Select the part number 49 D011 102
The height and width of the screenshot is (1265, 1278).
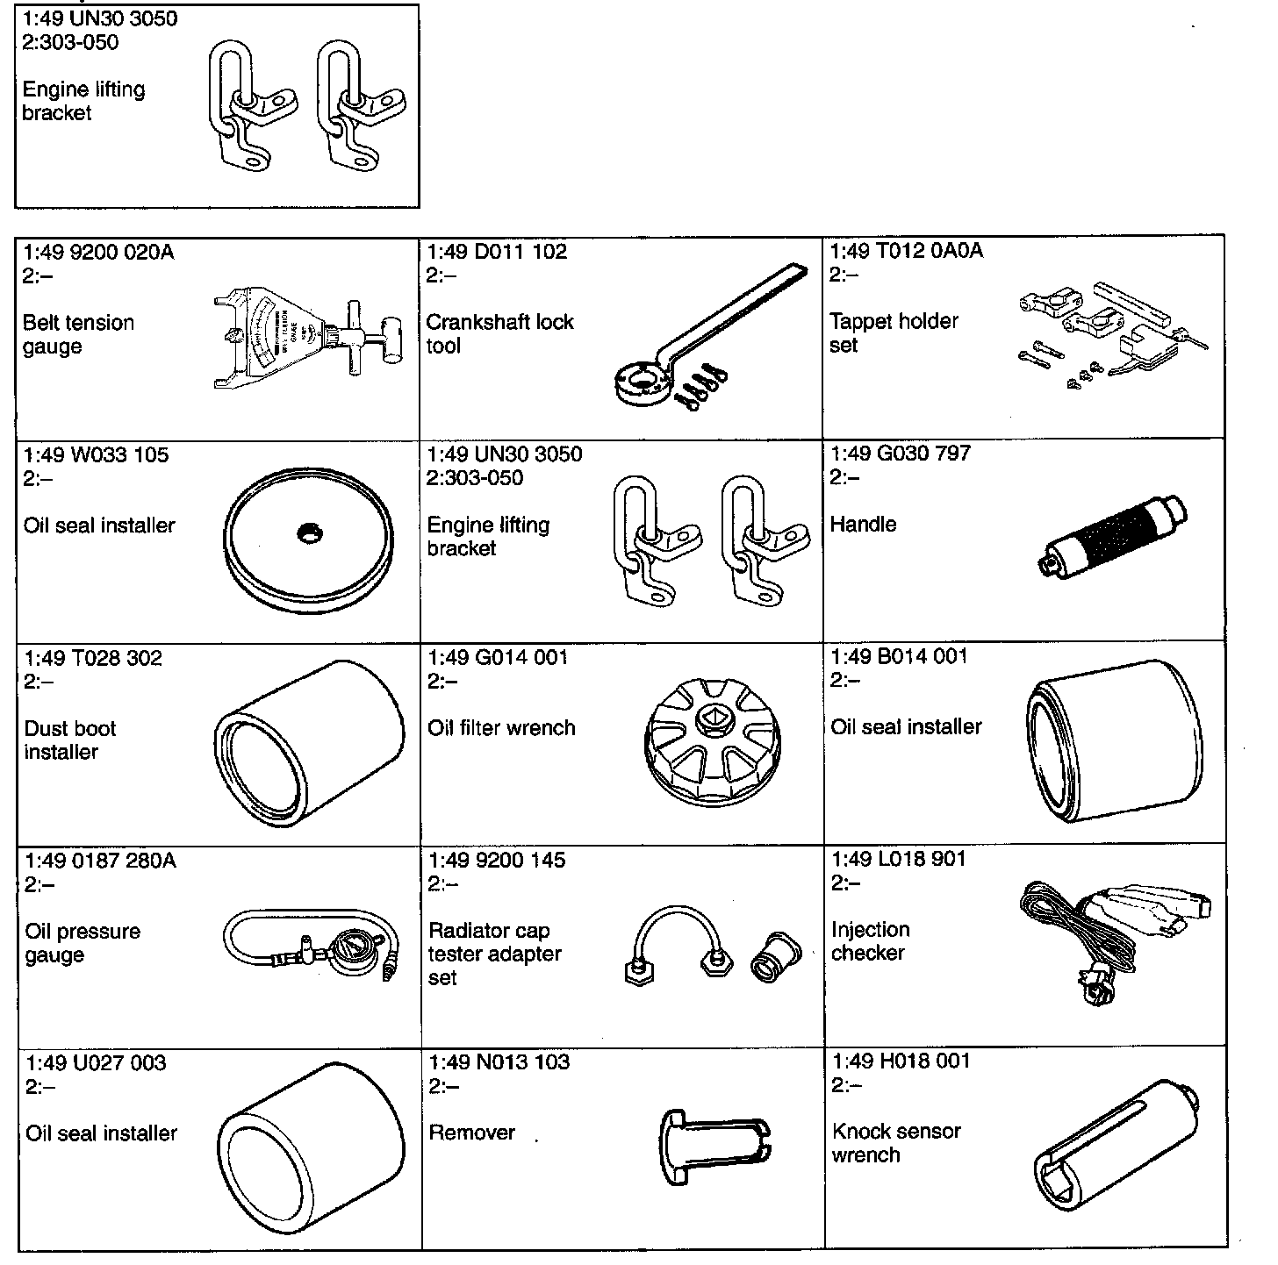click(x=497, y=252)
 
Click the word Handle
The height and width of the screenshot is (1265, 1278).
click(x=863, y=525)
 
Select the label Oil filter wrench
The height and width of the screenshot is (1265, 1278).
click(x=501, y=728)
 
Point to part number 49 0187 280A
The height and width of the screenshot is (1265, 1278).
click(x=100, y=861)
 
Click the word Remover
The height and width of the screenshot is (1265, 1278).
click(x=471, y=1133)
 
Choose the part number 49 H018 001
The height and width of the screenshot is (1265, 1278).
click(x=901, y=1061)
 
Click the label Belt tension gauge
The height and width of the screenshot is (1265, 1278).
click(x=78, y=334)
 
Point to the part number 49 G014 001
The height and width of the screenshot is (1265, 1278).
click(x=498, y=657)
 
